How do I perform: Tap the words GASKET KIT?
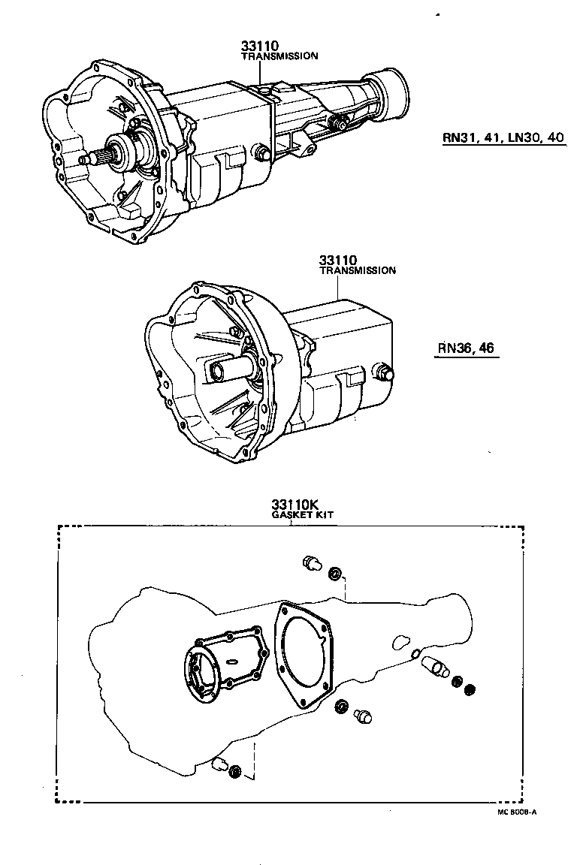(303, 517)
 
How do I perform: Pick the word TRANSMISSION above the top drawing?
(279, 56)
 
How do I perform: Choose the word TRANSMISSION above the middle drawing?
(358, 271)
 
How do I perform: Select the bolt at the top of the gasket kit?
(310, 564)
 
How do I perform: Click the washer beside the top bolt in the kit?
(334, 575)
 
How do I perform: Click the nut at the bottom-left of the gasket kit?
(234, 771)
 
